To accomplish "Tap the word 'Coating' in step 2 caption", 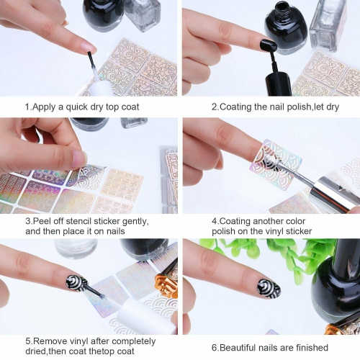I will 236,107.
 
